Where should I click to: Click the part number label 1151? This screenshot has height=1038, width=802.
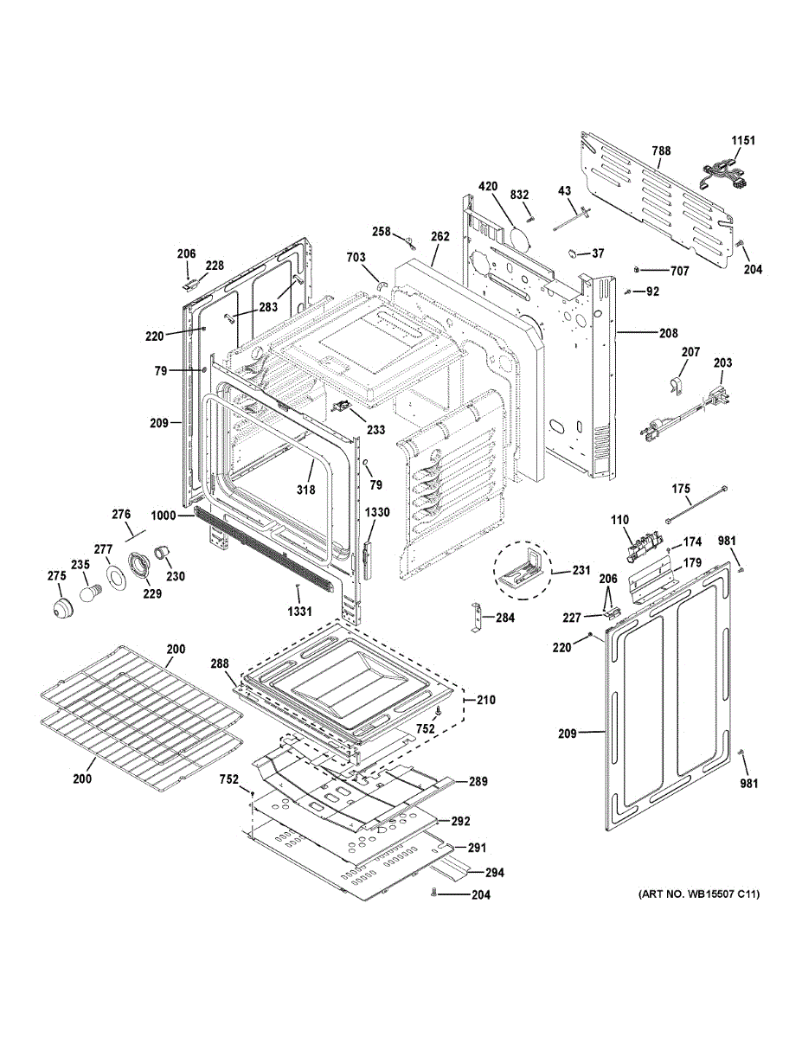click(x=743, y=141)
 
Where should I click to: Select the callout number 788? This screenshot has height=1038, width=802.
click(x=661, y=151)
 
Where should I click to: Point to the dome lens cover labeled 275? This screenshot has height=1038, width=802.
click(x=61, y=606)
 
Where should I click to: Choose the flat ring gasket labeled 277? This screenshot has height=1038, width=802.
click(x=113, y=576)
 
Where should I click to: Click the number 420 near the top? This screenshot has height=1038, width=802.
click(x=488, y=186)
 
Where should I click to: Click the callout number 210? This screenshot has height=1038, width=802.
click(x=486, y=699)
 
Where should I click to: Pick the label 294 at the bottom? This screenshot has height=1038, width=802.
click(x=494, y=873)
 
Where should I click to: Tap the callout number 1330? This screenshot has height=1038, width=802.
click(x=377, y=513)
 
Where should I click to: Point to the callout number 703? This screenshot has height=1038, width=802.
click(x=356, y=257)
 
